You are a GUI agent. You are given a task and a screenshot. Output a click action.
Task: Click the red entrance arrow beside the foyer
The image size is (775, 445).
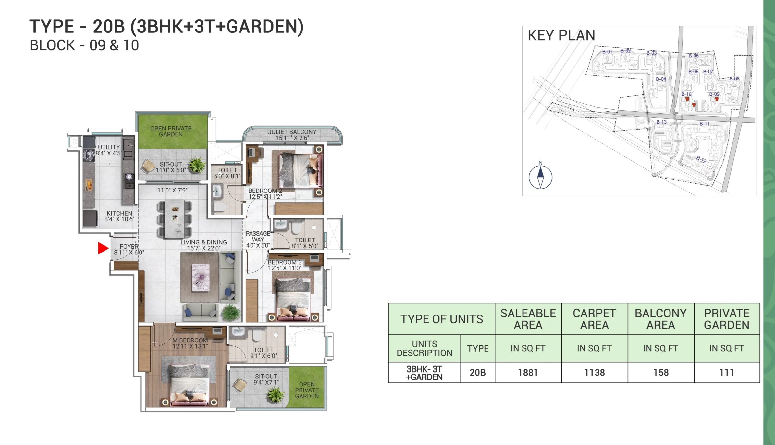[103, 248]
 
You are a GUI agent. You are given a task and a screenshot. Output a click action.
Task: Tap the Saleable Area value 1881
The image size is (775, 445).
[528, 372]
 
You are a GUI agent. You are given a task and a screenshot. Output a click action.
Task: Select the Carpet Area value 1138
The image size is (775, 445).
[594, 372]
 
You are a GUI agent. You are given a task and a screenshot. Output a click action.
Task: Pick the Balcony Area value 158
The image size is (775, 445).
[661, 372]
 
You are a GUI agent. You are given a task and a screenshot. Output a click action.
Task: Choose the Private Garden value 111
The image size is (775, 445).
[726, 372]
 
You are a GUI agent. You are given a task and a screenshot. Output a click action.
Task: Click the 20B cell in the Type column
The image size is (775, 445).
[477, 372]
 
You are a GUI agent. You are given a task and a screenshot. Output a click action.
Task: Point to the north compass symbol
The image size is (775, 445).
[540, 177]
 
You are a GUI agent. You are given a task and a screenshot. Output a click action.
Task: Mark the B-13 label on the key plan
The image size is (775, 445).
[661, 122]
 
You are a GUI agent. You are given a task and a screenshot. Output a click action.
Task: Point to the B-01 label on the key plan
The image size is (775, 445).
[607, 52]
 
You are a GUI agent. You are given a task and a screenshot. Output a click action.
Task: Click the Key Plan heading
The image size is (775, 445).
[561, 35]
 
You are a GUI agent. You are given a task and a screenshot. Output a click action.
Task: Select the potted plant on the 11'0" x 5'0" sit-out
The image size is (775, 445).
[197, 165]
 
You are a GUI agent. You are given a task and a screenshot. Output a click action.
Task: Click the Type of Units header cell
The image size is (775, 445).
[441, 319]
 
